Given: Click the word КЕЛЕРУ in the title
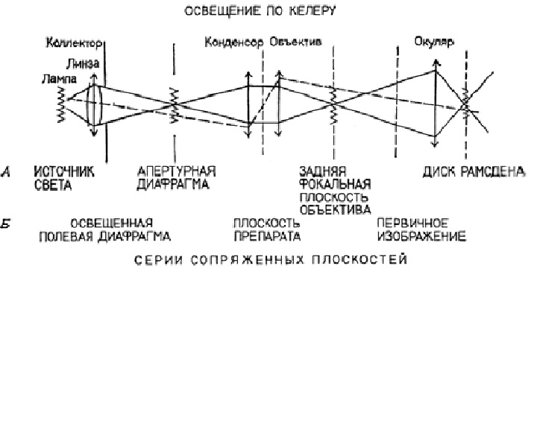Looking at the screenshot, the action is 312,11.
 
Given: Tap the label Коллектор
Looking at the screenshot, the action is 74,43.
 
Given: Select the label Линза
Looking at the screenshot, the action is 83,63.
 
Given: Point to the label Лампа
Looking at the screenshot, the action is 59,79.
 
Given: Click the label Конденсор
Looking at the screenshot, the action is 234,42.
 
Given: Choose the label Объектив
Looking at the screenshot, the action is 295,42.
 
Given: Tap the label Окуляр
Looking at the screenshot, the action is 434,42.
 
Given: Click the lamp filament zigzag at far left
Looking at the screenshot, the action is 62,104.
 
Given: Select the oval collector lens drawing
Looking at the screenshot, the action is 94,105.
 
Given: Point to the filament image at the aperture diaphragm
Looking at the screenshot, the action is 175,105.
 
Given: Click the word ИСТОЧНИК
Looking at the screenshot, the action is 64,171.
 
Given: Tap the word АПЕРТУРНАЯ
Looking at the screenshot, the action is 177,171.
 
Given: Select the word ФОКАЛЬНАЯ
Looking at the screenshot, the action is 335,185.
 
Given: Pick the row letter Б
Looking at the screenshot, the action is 5,223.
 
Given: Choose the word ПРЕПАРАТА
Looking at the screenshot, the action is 267,236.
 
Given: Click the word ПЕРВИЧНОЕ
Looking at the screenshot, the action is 413,223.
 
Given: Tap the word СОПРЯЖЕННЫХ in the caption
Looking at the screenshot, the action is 248,259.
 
